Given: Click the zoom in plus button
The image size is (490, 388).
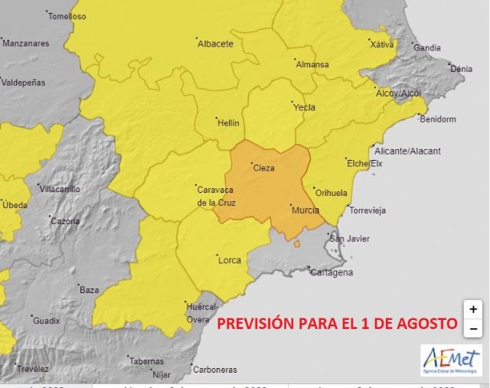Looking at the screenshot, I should (473, 309).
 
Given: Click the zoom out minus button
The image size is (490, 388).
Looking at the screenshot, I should (473, 329).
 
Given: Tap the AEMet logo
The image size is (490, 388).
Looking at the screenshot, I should (451, 360).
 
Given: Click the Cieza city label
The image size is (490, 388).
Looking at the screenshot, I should (263, 168).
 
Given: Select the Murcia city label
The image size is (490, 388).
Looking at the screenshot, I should (304, 209).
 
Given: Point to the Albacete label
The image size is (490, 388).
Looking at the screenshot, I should (215, 44).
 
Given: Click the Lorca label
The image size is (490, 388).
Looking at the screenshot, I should (230, 260).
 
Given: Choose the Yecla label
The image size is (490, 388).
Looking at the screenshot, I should (304, 108).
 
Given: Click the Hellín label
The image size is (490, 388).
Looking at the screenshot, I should (228, 123).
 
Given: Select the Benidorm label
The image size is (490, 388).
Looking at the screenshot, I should (438, 119).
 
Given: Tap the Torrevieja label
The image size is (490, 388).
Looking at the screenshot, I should (367, 210).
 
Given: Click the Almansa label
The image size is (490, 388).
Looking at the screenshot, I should (312, 65).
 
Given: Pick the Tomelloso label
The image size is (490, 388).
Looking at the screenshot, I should (67, 16).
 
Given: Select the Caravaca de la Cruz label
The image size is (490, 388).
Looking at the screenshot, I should (216, 196).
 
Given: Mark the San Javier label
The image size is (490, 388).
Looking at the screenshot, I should (349, 239).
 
